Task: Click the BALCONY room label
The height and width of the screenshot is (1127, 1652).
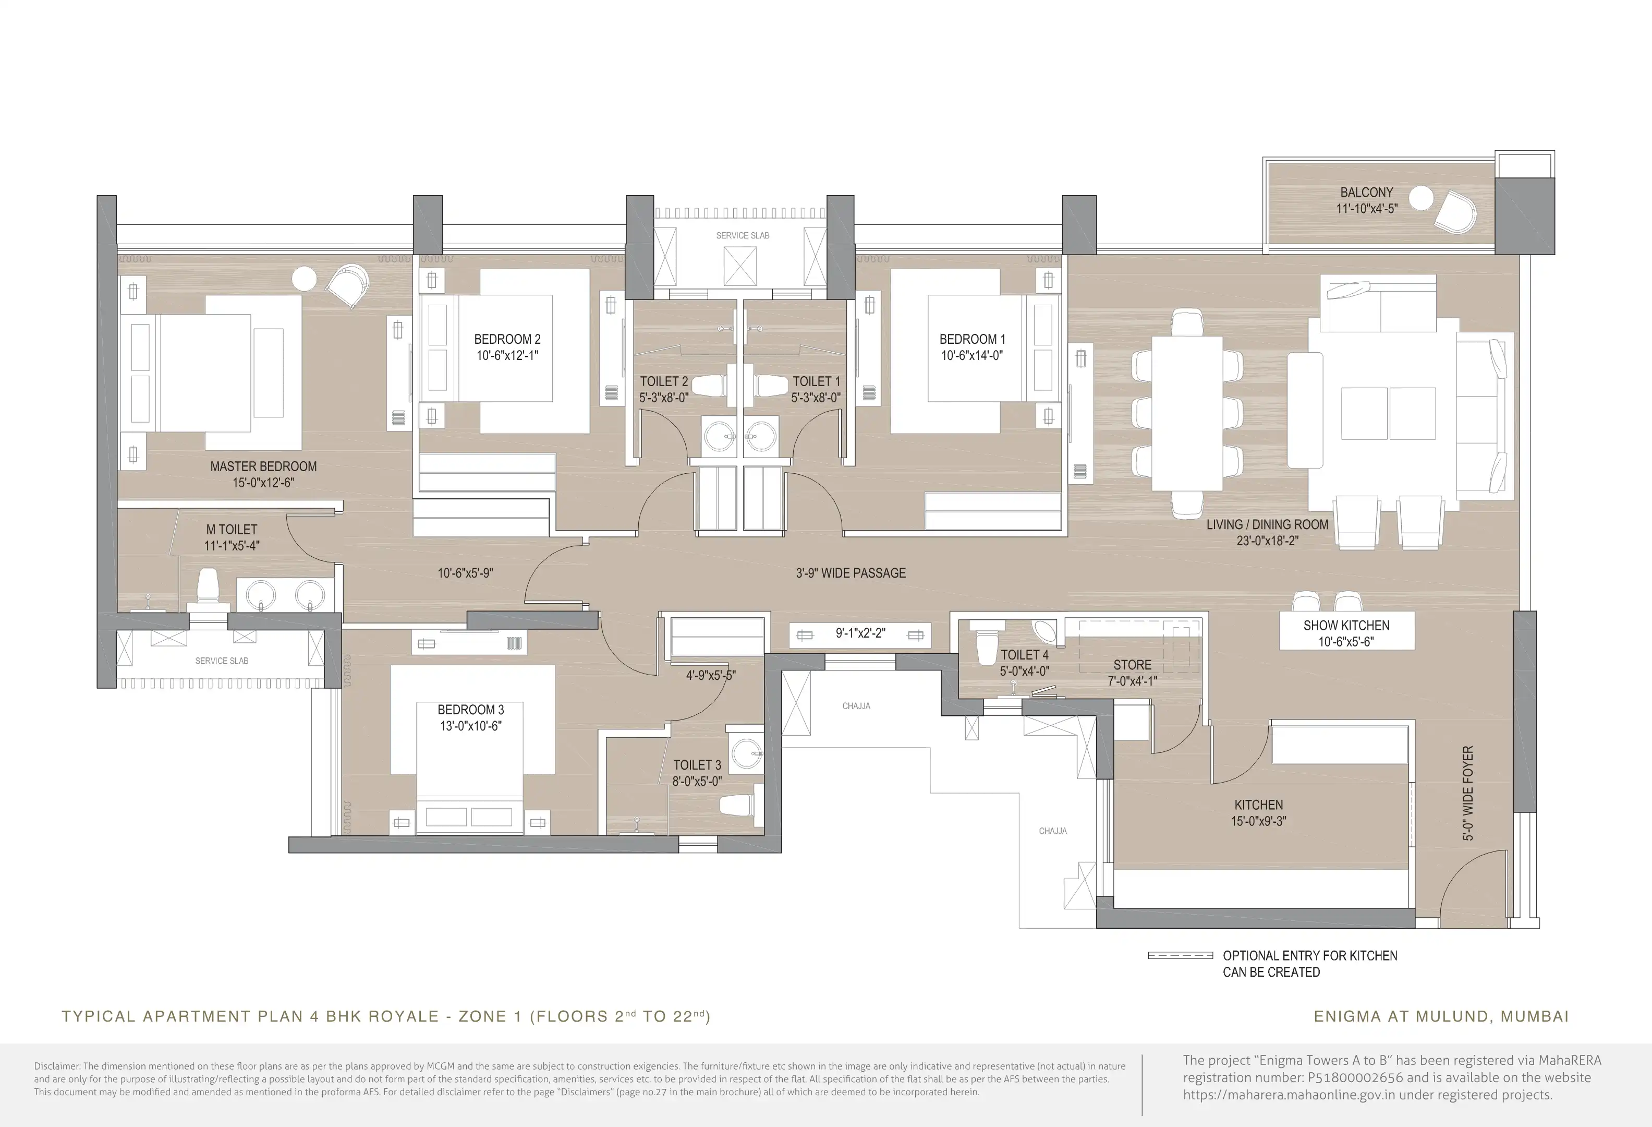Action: coord(1366,192)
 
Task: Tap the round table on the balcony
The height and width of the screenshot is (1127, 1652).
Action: coord(1421,198)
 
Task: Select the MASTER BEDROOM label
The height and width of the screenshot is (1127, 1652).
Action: coord(263,466)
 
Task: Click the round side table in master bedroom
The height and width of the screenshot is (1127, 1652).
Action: coord(304,278)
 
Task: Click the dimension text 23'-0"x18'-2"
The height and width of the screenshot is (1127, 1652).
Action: coord(1267,541)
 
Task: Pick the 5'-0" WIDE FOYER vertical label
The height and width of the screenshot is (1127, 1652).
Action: coord(1468,793)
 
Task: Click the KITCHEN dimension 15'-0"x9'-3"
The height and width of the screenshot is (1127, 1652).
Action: coord(1258,821)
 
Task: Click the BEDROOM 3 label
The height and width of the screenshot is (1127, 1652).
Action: coord(470,710)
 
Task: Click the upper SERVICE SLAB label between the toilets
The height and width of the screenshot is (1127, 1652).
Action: coord(742,235)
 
